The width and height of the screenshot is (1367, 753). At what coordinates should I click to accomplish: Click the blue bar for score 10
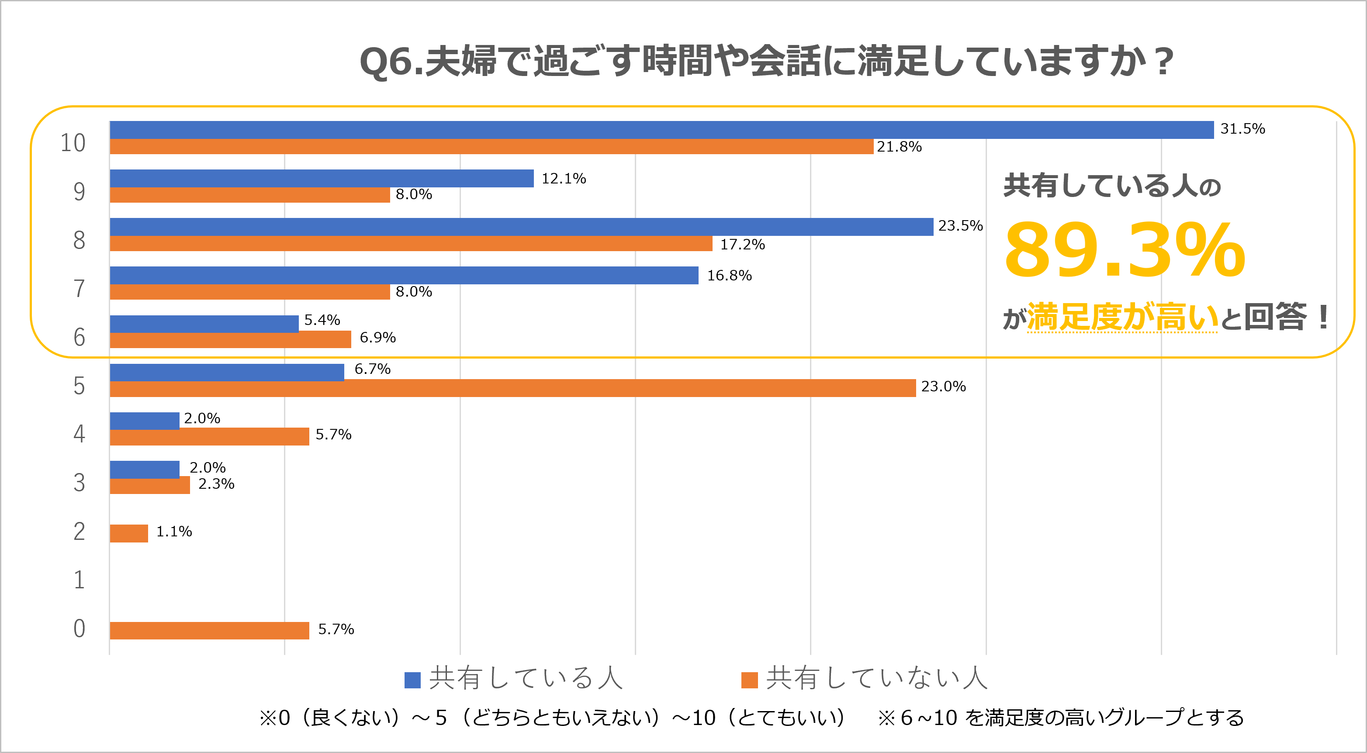(x=661, y=130)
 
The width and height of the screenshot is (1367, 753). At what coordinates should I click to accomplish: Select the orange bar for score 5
(x=512, y=388)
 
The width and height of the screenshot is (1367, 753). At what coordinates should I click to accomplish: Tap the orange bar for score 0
(x=209, y=630)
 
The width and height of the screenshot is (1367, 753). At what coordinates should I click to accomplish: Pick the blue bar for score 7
(x=403, y=276)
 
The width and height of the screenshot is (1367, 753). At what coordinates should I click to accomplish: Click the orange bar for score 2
(x=128, y=533)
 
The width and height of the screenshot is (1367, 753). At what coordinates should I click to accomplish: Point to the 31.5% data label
(x=1242, y=129)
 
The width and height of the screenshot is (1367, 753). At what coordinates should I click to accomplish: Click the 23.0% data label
(x=943, y=386)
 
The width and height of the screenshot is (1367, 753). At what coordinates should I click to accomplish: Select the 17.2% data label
(x=742, y=245)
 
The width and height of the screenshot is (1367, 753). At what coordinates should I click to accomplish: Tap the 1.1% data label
(x=174, y=532)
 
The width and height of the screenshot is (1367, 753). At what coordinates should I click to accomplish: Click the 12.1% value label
(x=563, y=179)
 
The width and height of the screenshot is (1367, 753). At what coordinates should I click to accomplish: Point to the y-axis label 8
(x=79, y=240)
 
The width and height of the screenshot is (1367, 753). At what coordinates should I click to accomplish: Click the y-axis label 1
(x=79, y=580)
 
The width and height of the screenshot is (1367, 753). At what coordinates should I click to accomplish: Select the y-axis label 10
(x=73, y=143)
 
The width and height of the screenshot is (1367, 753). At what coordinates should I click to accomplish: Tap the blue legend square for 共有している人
(x=412, y=680)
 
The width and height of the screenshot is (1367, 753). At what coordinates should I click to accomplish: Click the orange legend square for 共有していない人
(x=749, y=680)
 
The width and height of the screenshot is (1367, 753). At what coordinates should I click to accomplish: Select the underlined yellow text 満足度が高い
(x=1122, y=318)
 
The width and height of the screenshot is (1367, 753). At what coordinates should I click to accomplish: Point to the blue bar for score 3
(x=144, y=469)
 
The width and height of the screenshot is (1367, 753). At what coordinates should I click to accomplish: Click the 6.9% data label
(x=377, y=338)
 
